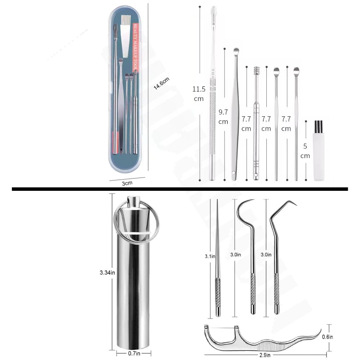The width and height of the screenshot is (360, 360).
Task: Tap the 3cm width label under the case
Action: click(x=127, y=183)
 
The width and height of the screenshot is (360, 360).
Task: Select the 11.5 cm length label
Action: click(x=198, y=94)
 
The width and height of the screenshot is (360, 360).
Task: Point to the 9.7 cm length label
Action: click(x=223, y=117)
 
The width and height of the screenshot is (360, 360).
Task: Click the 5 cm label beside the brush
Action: click(x=305, y=151)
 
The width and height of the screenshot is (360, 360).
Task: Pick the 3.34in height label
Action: click(x=107, y=273)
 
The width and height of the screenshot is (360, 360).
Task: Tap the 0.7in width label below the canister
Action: click(x=134, y=354)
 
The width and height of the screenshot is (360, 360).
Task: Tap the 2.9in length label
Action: click(x=265, y=355)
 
